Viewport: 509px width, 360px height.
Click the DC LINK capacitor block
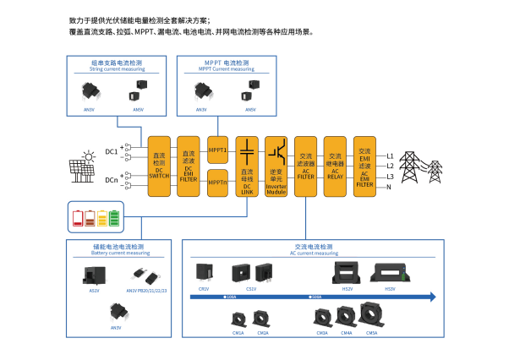[x=247, y=166]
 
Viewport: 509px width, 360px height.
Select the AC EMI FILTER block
[x=364, y=166]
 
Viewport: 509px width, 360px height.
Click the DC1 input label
[x=112, y=151]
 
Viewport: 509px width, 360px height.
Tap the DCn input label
[x=112, y=180]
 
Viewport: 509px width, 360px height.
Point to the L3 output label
[x=390, y=176]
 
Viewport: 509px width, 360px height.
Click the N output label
[x=389, y=186]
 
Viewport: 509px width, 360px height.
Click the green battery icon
[x=114, y=218]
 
